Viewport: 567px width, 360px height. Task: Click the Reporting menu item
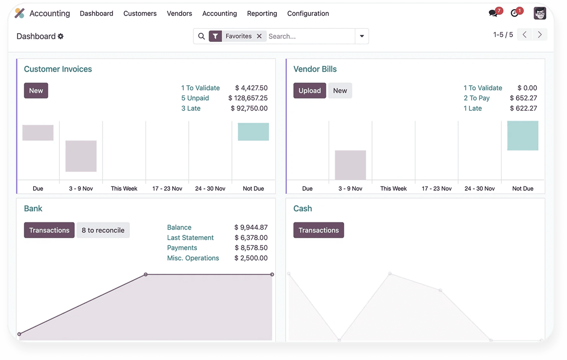coord(262,13)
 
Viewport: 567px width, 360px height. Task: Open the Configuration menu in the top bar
coord(308,13)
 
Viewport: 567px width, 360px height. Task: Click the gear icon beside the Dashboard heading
coord(61,36)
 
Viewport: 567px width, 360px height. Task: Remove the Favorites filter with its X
coord(259,36)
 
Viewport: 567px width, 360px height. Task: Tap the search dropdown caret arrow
coord(362,36)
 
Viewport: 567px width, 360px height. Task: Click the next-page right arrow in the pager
coord(540,35)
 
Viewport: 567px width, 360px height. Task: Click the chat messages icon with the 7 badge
coord(493,13)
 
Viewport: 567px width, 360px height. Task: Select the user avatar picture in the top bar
coord(539,13)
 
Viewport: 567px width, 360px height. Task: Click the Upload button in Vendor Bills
coord(309,91)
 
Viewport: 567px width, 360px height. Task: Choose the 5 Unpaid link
coord(195,98)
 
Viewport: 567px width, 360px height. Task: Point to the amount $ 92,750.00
coord(249,108)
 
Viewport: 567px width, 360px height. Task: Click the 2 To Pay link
coord(476,98)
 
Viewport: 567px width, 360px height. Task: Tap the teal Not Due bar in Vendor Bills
coord(522,135)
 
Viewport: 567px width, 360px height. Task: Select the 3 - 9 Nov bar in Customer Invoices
coord(81,156)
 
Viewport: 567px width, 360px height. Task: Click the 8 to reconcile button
coord(103,230)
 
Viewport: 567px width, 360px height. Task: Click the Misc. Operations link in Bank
coord(193,258)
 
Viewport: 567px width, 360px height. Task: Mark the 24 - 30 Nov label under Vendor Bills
coord(479,188)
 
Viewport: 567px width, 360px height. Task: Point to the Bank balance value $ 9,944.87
coord(251,227)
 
